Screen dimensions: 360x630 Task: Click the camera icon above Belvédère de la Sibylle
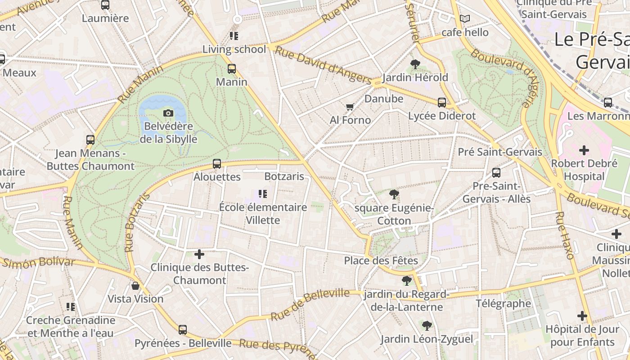point(168,113)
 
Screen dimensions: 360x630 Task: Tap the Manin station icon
point(232,69)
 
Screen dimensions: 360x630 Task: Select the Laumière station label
point(105,18)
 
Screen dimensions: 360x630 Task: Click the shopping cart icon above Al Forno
point(350,107)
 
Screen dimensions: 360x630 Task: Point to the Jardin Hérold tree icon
point(415,64)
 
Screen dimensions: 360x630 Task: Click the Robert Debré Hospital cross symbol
point(584,150)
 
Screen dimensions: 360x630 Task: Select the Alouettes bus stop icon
point(217,164)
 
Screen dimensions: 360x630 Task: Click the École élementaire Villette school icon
point(263,194)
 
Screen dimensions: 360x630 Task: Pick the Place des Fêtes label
point(381,261)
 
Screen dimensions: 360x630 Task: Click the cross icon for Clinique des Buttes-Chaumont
point(199,254)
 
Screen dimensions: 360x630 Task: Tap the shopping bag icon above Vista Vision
point(135,286)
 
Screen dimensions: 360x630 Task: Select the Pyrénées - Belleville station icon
point(182,330)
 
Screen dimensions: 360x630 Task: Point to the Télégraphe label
point(503,304)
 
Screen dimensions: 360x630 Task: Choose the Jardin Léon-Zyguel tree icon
point(427,325)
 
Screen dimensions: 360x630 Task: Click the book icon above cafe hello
point(465,19)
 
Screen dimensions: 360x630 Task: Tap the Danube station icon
point(442,102)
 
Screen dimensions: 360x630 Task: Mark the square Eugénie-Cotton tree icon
point(394,194)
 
